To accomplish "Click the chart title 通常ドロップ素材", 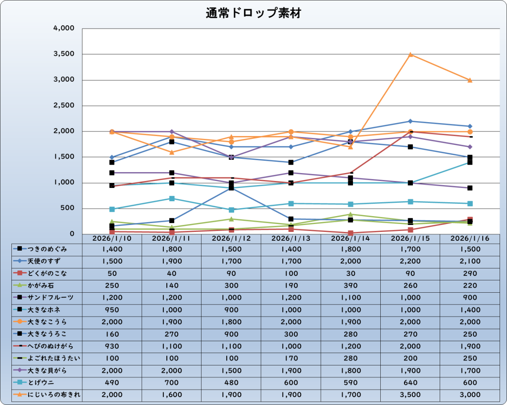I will [x=253, y=13].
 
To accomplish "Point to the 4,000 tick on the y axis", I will [x=63, y=28].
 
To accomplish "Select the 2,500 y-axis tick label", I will [x=63, y=105].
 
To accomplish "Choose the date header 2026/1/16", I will [x=469, y=238].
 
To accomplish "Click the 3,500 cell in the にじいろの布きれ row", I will [x=410, y=395].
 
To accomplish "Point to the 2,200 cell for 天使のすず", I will [x=410, y=261].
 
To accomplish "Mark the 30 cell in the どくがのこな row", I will [x=351, y=273].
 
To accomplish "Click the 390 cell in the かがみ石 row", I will [x=351, y=285].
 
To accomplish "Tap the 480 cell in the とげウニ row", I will [x=231, y=382].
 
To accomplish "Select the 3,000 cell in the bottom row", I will [x=469, y=395].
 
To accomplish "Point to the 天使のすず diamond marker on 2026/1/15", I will [x=410, y=121].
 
